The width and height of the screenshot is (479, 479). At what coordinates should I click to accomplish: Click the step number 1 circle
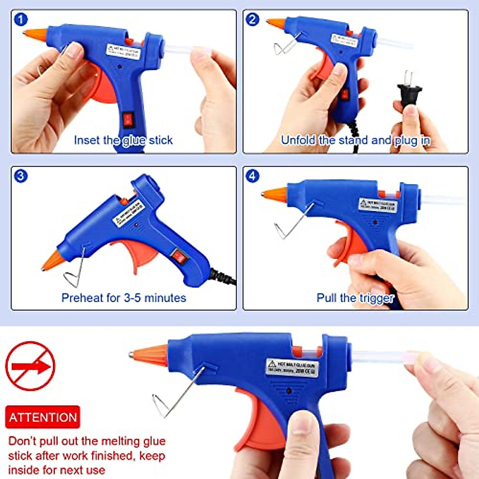(x=21, y=19)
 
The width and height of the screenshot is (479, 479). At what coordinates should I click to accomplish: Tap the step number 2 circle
(x=252, y=19)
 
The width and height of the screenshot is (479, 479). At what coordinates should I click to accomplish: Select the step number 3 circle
(x=21, y=176)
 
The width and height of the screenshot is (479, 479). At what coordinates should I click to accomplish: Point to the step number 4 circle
(x=252, y=176)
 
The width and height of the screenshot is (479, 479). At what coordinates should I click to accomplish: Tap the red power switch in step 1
(x=128, y=119)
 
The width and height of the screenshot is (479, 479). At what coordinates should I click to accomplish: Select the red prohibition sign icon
(x=30, y=366)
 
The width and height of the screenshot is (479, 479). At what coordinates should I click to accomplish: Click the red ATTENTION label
(x=42, y=417)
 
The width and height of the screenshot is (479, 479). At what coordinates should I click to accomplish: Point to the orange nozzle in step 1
(x=36, y=34)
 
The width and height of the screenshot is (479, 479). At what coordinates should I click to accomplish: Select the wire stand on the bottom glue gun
(x=176, y=395)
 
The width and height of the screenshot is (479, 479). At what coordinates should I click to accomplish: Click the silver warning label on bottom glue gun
(x=292, y=367)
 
